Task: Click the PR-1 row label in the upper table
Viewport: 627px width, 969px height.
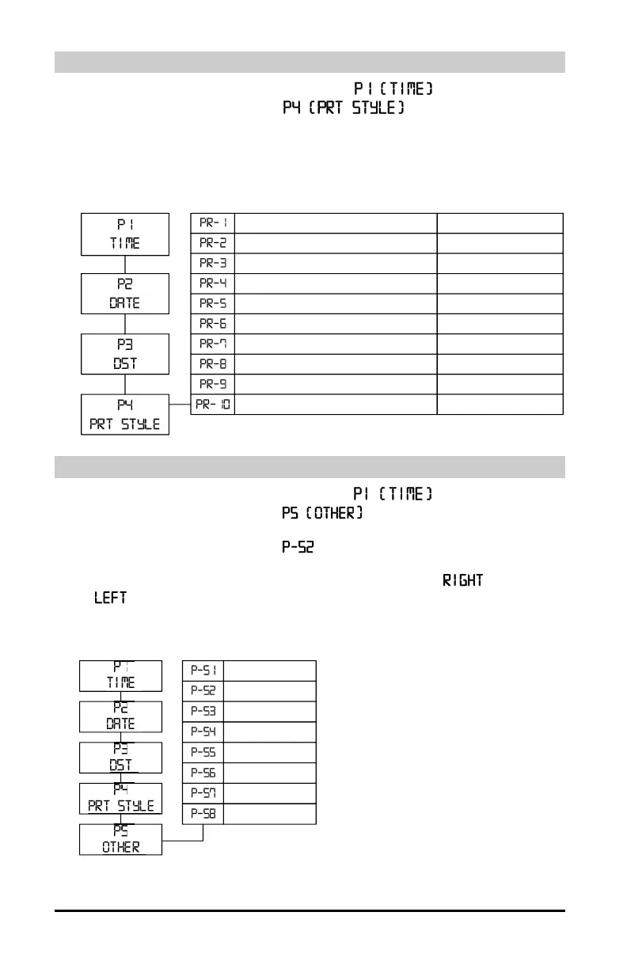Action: tap(213, 223)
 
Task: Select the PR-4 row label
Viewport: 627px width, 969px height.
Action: tap(213, 283)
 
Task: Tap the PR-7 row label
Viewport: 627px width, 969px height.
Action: tap(213, 344)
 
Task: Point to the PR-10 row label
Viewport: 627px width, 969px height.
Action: tap(213, 405)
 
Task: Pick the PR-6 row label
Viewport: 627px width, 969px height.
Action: tap(213, 324)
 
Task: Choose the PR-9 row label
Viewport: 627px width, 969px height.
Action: tap(213, 384)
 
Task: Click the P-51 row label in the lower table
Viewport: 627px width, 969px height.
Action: tap(203, 671)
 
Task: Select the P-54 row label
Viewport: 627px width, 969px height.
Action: tap(203, 732)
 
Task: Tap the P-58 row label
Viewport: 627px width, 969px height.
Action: tap(203, 814)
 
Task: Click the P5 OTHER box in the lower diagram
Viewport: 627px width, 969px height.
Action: tap(120, 839)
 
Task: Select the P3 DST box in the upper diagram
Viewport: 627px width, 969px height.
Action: tap(125, 354)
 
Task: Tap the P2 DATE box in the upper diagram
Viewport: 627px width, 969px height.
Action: tap(125, 294)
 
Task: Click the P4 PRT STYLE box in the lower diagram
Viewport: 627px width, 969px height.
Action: tap(120, 798)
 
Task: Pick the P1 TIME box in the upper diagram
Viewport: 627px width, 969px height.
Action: tap(125, 234)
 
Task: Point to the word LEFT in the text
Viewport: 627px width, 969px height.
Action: tap(110, 598)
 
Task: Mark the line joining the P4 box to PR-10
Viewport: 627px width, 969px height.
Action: tap(180, 405)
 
